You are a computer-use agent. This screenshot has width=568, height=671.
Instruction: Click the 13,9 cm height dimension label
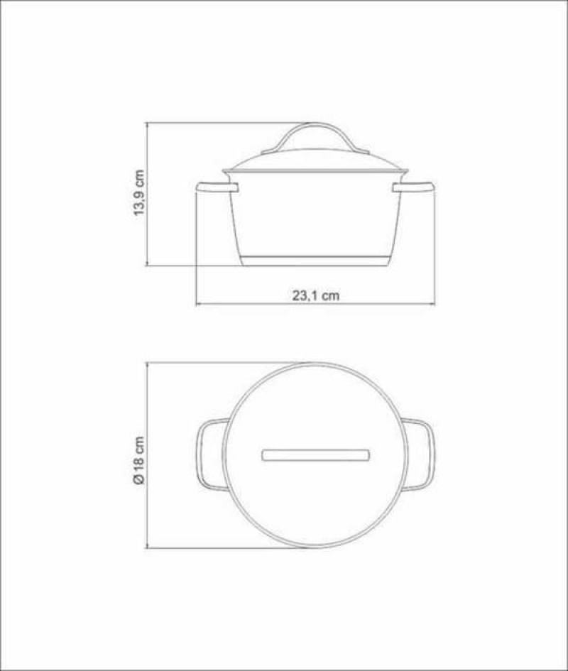point(140,192)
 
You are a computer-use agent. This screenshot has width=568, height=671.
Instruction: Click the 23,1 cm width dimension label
point(316,295)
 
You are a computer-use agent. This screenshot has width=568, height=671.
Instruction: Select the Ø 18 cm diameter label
point(140,460)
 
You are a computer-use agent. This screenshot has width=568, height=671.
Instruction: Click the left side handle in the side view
point(217,187)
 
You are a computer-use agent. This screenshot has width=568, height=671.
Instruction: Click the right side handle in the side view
point(413,187)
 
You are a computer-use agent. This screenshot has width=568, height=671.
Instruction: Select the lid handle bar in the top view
point(315,455)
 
